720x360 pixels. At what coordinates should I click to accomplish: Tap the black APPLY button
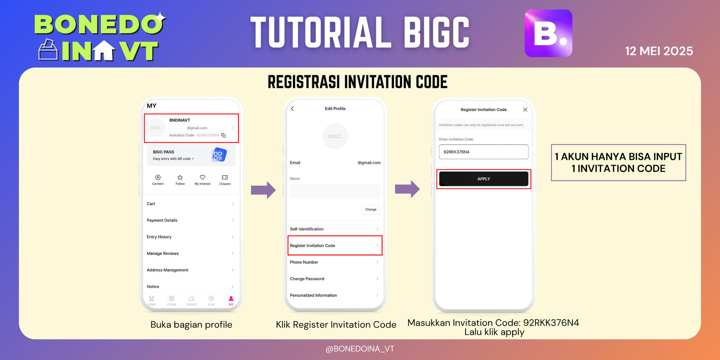(x=484, y=179)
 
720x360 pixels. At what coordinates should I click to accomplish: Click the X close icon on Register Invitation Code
(x=525, y=110)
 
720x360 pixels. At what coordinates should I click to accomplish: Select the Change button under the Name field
(x=371, y=209)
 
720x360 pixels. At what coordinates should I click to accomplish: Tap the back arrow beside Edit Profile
(x=293, y=109)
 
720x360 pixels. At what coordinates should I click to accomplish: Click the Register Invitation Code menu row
(x=335, y=246)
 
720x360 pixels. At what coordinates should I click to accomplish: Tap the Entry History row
(x=191, y=237)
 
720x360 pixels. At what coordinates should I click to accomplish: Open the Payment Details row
(x=191, y=220)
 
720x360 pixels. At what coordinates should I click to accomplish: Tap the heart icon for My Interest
(x=202, y=178)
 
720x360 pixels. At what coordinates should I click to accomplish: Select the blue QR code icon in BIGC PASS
(x=218, y=155)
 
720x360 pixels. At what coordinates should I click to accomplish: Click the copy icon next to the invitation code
(x=223, y=136)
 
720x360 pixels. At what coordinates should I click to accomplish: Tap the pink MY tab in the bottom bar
(x=231, y=300)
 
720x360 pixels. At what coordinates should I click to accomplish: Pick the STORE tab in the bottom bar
(x=172, y=300)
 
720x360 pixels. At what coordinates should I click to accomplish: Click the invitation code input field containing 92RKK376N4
(x=484, y=152)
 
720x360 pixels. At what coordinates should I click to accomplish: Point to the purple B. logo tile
(x=548, y=33)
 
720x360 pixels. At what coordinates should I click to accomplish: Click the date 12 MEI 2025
(x=659, y=51)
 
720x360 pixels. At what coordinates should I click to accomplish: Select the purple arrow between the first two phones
(x=263, y=190)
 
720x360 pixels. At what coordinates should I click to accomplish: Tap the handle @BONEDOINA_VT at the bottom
(x=360, y=349)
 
